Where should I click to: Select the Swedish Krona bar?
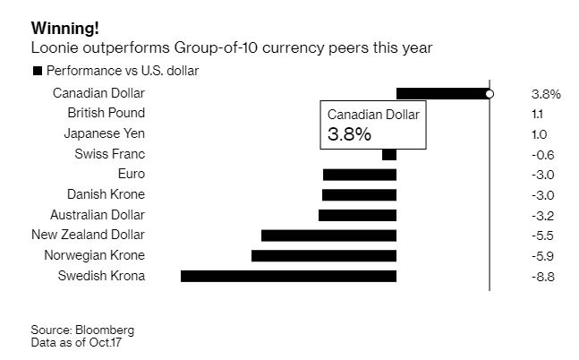click(x=288, y=276)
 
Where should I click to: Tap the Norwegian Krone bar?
click(x=324, y=255)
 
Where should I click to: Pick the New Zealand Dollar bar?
click(x=328, y=236)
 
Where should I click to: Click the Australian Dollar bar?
click(x=357, y=215)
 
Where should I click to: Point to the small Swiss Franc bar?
click(x=388, y=154)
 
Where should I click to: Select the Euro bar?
click(x=359, y=175)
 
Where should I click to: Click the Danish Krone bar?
click(x=359, y=194)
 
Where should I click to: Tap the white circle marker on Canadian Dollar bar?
click(x=489, y=93)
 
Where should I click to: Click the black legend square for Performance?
click(x=37, y=71)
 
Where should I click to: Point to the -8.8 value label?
click(x=542, y=277)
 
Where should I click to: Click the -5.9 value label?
click(x=542, y=256)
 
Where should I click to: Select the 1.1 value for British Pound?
click(x=537, y=114)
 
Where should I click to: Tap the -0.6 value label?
click(x=542, y=154)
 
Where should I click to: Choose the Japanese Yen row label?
click(x=105, y=133)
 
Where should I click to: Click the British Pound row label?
click(x=106, y=113)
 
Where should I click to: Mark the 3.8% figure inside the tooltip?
click(x=349, y=134)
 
